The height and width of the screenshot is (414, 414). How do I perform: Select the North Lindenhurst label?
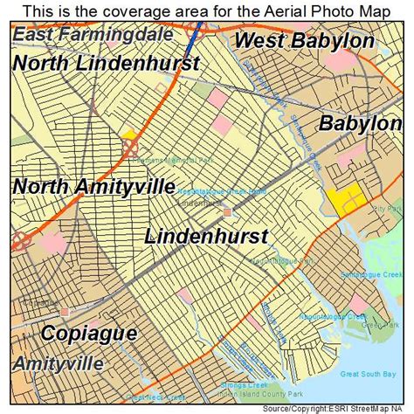107,63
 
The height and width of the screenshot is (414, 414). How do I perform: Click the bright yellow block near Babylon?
348,198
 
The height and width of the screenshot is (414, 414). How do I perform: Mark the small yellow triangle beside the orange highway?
128,135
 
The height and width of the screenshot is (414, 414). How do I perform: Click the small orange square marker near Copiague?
66,310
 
